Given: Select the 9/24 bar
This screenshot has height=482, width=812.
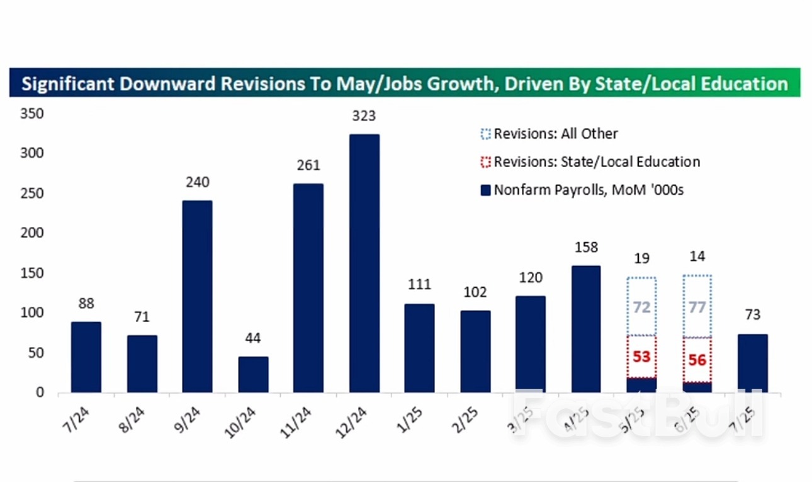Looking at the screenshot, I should click(197, 296).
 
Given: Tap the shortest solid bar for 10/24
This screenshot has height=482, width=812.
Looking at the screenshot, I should click(253, 374).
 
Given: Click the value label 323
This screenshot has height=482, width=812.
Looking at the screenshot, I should click(364, 116).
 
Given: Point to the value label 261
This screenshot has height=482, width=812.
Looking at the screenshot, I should click(308, 166).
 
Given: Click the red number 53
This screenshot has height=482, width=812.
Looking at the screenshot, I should click(641, 357).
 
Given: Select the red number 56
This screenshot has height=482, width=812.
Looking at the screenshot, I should click(697, 360).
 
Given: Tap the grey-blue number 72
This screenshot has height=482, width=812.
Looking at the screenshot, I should click(641, 307).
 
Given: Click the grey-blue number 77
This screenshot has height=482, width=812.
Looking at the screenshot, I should click(697, 307).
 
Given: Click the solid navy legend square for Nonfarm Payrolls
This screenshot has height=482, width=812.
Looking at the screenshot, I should click(485, 190).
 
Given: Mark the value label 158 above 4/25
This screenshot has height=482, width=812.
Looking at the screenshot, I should click(585, 248).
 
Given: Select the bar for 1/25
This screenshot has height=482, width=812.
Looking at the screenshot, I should click(419, 348).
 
